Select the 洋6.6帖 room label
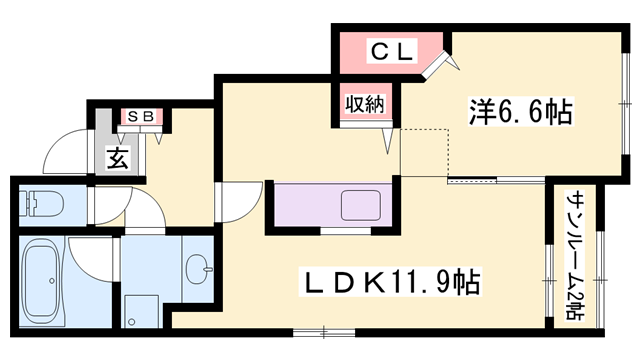(520, 111)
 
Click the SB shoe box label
(138, 116)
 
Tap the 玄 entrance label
(118, 157)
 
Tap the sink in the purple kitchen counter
(359, 207)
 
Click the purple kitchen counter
(300, 207)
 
